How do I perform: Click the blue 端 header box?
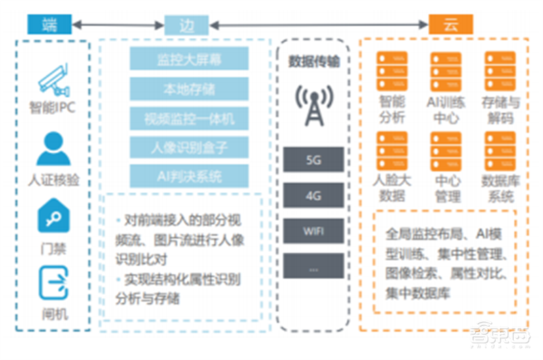coord(50,25)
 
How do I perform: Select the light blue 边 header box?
coord(187,25)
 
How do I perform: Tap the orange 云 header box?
coord(451,25)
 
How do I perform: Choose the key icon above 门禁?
coord(53,216)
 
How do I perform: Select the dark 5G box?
coord(313,160)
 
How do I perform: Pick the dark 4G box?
coord(313,196)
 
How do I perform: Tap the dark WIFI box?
coord(313,231)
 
